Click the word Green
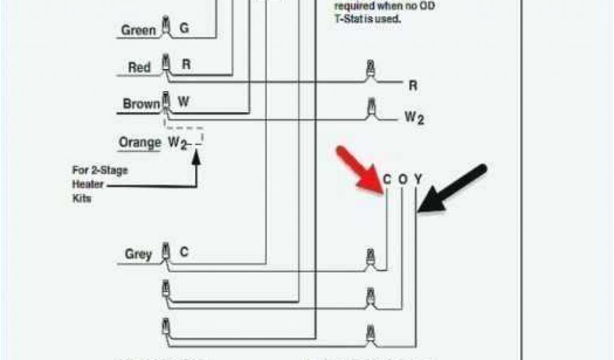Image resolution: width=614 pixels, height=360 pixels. click(x=139, y=30)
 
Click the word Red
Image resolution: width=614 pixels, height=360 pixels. click(x=139, y=68)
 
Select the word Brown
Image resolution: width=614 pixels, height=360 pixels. click(x=142, y=104)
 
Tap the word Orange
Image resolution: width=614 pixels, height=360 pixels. click(x=140, y=143)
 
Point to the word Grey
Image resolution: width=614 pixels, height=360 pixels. click(x=138, y=254)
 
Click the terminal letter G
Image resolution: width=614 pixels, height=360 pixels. click(x=184, y=28)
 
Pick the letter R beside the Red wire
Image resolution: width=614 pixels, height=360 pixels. click(x=186, y=65)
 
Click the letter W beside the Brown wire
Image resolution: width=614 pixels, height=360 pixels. click(x=184, y=102)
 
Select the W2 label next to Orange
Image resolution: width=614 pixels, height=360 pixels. click(x=176, y=143)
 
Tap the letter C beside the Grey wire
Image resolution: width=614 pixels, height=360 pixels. click(x=184, y=253)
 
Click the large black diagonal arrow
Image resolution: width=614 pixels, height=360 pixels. click(x=453, y=188)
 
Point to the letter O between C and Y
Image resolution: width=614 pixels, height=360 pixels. click(x=402, y=179)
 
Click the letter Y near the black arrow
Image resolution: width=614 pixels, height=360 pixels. click(x=418, y=179)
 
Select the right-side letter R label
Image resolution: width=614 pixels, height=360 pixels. click(x=413, y=86)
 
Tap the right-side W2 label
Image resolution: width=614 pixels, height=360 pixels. click(x=414, y=118)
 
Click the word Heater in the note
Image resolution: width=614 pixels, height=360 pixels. click(x=88, y=184)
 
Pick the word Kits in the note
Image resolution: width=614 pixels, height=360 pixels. click(x=82, y=199)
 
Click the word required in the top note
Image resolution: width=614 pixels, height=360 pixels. click(x=354, y=6)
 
